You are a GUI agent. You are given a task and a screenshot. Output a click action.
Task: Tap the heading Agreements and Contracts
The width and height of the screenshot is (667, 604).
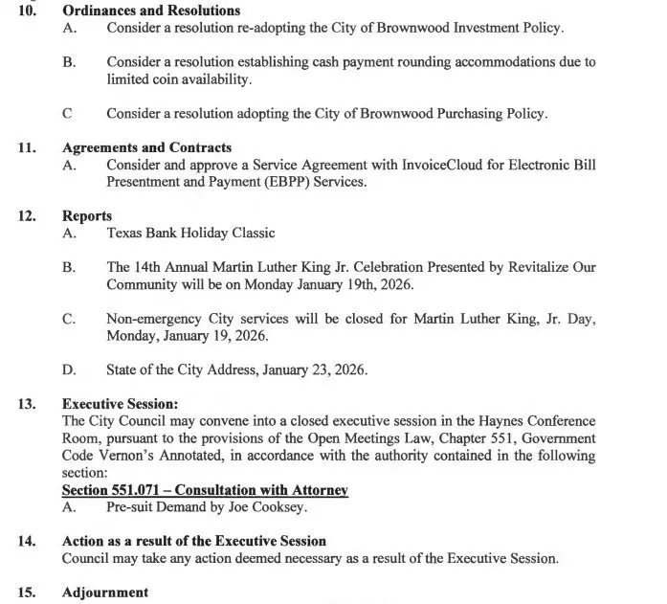coord(146,147)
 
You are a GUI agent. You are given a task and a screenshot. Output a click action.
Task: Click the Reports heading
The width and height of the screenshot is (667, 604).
coord(87,216)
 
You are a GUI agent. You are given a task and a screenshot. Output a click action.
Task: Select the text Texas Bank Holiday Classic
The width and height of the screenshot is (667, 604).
coord(190,233)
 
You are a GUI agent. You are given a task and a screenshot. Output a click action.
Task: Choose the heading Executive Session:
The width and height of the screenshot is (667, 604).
coord(120,404)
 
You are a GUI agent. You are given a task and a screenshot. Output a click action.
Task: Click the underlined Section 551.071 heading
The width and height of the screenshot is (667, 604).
coord(204,490)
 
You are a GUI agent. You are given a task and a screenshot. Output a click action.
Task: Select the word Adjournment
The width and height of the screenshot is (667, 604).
coord(105,593)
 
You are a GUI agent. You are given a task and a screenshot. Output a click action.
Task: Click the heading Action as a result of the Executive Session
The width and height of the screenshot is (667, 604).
coord(194,542)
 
